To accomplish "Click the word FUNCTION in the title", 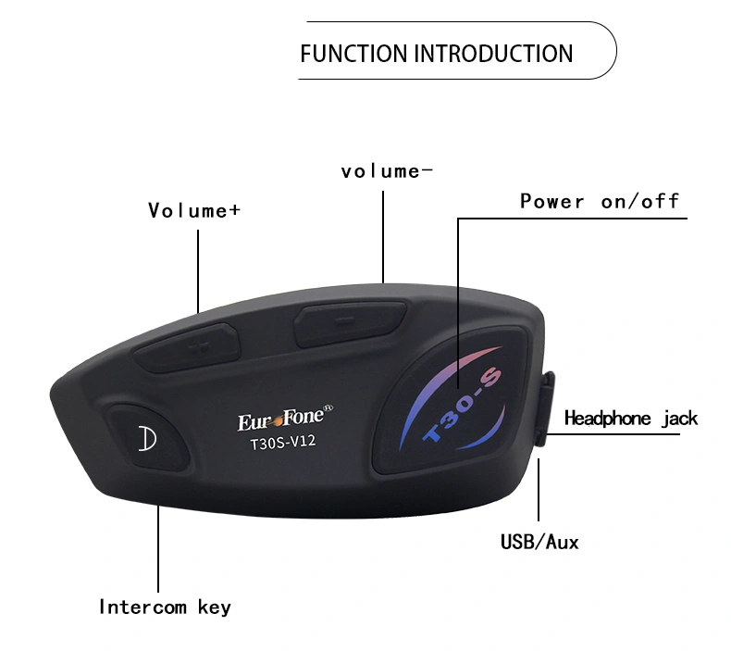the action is click(353, 53).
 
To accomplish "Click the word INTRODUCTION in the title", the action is click(494, 53).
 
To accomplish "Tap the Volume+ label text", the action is click(194, 210).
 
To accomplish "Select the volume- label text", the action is click(387, 171).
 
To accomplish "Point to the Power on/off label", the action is click(600, 202).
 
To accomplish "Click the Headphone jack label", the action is click(631, 419).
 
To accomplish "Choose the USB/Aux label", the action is click(539, 543).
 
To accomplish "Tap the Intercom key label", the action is click(165, 607).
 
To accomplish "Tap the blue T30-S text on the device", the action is click(462, 405).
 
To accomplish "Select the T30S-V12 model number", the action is click(283, 442).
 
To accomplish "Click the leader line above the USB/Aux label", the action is click(539, 490).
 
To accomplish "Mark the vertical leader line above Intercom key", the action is click(158, 549).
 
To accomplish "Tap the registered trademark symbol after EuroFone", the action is click(328, 407).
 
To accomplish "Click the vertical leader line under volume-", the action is click(383, 236).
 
